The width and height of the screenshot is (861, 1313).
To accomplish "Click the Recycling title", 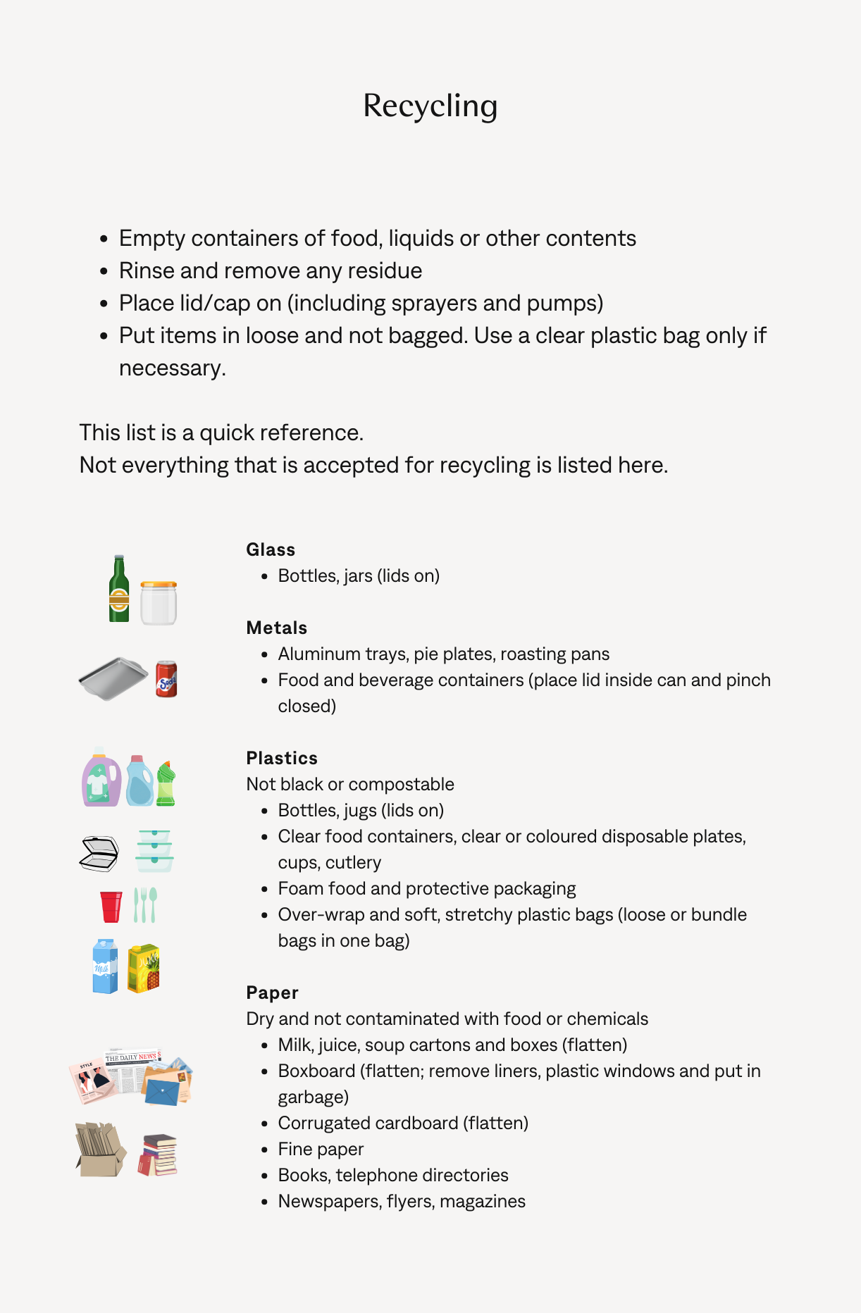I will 430,106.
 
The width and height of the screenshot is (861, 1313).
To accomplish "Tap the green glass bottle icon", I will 119,590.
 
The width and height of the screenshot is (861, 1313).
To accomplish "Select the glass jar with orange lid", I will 159,603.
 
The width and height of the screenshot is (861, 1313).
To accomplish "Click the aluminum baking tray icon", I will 113,678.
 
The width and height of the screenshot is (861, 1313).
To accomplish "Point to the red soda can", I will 166,679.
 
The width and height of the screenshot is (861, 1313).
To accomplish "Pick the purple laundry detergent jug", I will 101,778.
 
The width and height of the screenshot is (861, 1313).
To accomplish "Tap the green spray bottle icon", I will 166,783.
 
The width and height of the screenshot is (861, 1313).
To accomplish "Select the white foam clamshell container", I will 99,853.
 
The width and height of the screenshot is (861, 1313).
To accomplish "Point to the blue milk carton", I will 105,966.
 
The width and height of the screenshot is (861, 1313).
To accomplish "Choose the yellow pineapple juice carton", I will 144,969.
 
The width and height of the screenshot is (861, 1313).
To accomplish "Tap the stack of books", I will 158,1155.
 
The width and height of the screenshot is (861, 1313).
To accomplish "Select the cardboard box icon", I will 100,1151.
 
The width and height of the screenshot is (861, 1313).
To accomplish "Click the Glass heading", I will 271,549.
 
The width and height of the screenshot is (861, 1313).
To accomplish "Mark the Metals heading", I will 277,628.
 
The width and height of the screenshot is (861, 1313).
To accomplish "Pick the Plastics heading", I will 282,758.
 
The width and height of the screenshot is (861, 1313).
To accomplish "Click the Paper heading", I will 272,992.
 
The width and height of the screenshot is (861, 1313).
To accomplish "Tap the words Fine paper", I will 321,1149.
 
